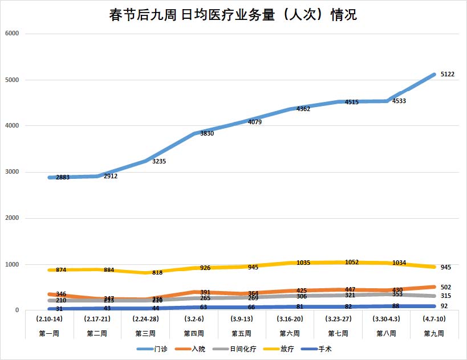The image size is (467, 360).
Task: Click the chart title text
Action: (x=233, y=15)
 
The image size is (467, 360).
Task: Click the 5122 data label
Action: (x=447, y=75)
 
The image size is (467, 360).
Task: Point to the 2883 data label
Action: (x=63, y=178)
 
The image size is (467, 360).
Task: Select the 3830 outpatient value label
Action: (x=207, y=134)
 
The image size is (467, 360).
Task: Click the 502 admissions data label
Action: (x=446, y=287)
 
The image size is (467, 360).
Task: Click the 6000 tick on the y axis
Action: (x=12, y=34)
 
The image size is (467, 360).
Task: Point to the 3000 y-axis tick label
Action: (x=12, y=172)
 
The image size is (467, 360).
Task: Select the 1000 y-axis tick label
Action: (x=12, y=264)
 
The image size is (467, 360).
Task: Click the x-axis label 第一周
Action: (x=50, y=332)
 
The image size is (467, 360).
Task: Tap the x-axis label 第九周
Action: (x=434, y=332)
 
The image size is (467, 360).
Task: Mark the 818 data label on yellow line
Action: (x=157, y=273)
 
